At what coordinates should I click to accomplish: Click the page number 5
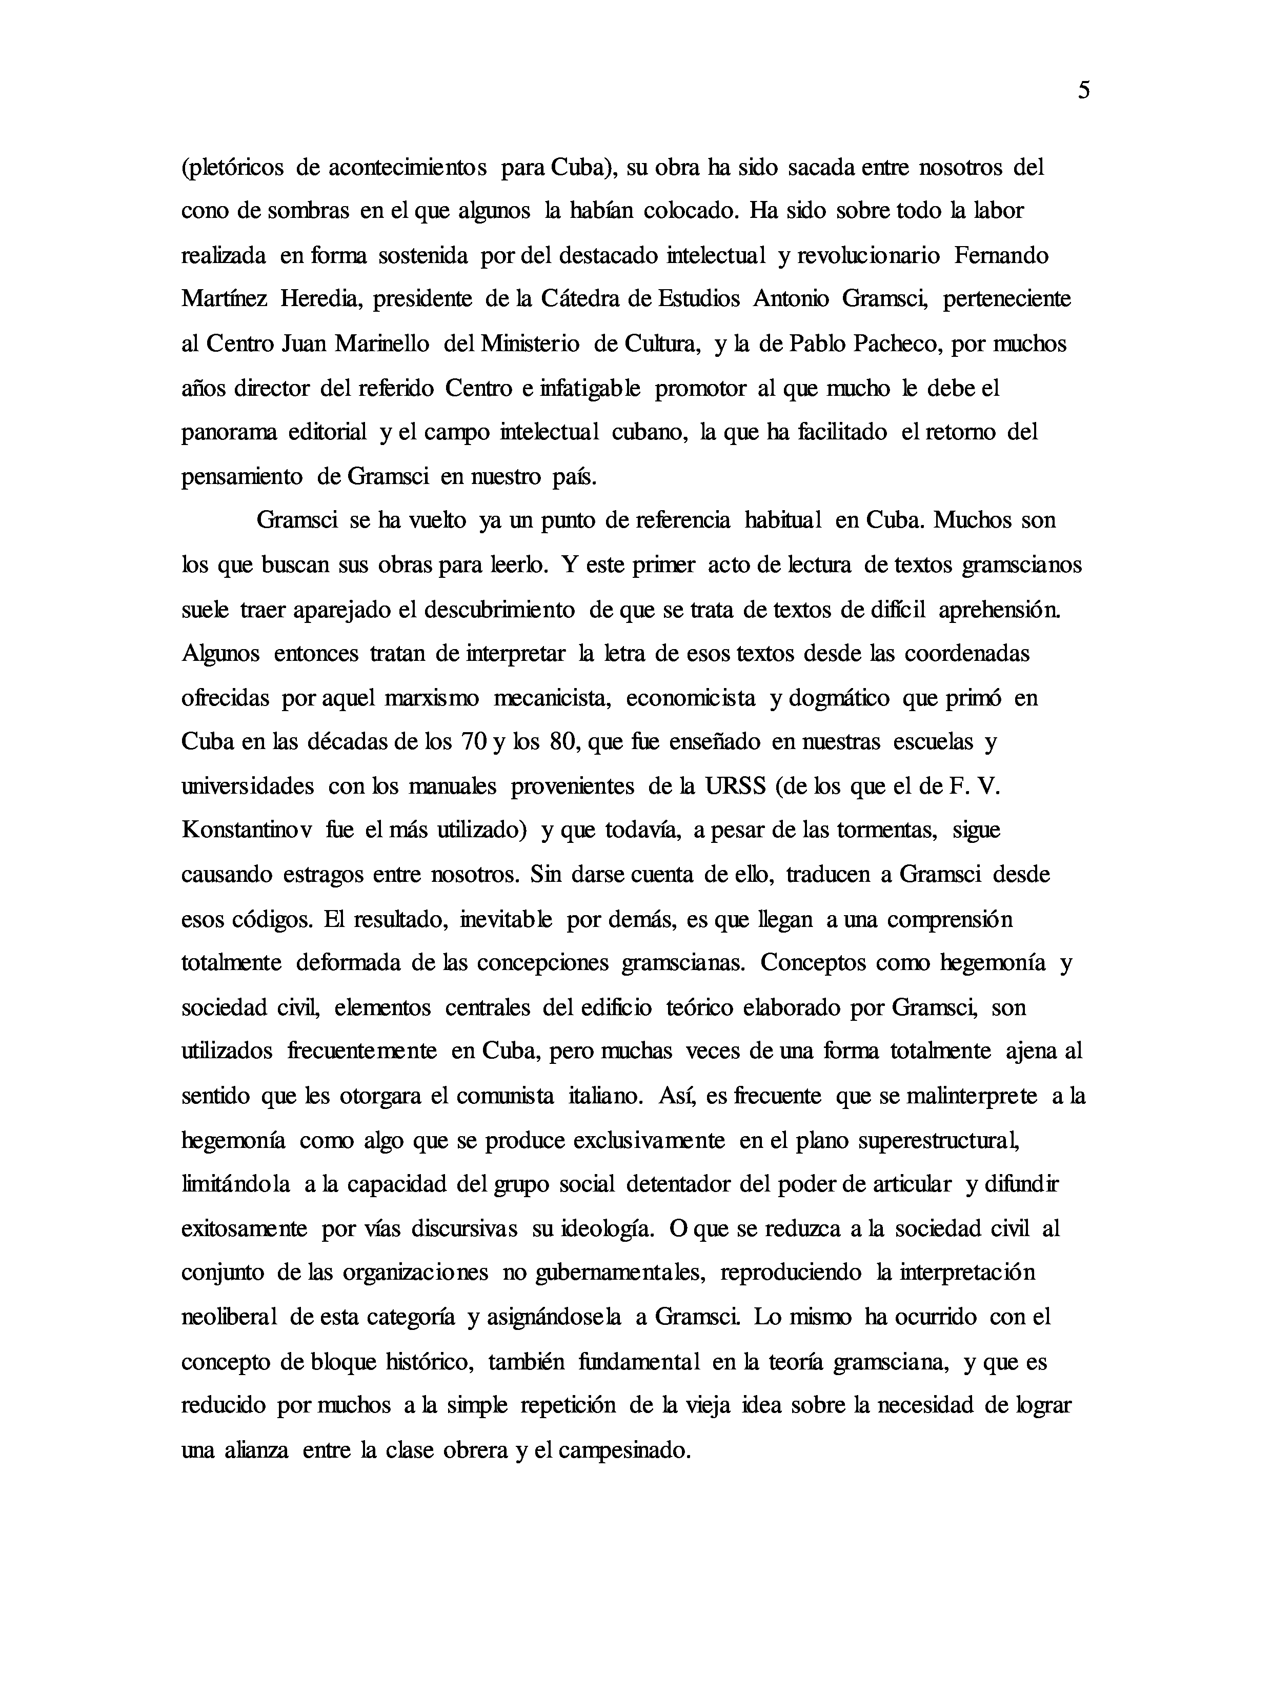coord(1083,90)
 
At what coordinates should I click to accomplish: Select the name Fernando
coord(1001,255)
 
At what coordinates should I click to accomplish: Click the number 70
coord(471,742)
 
